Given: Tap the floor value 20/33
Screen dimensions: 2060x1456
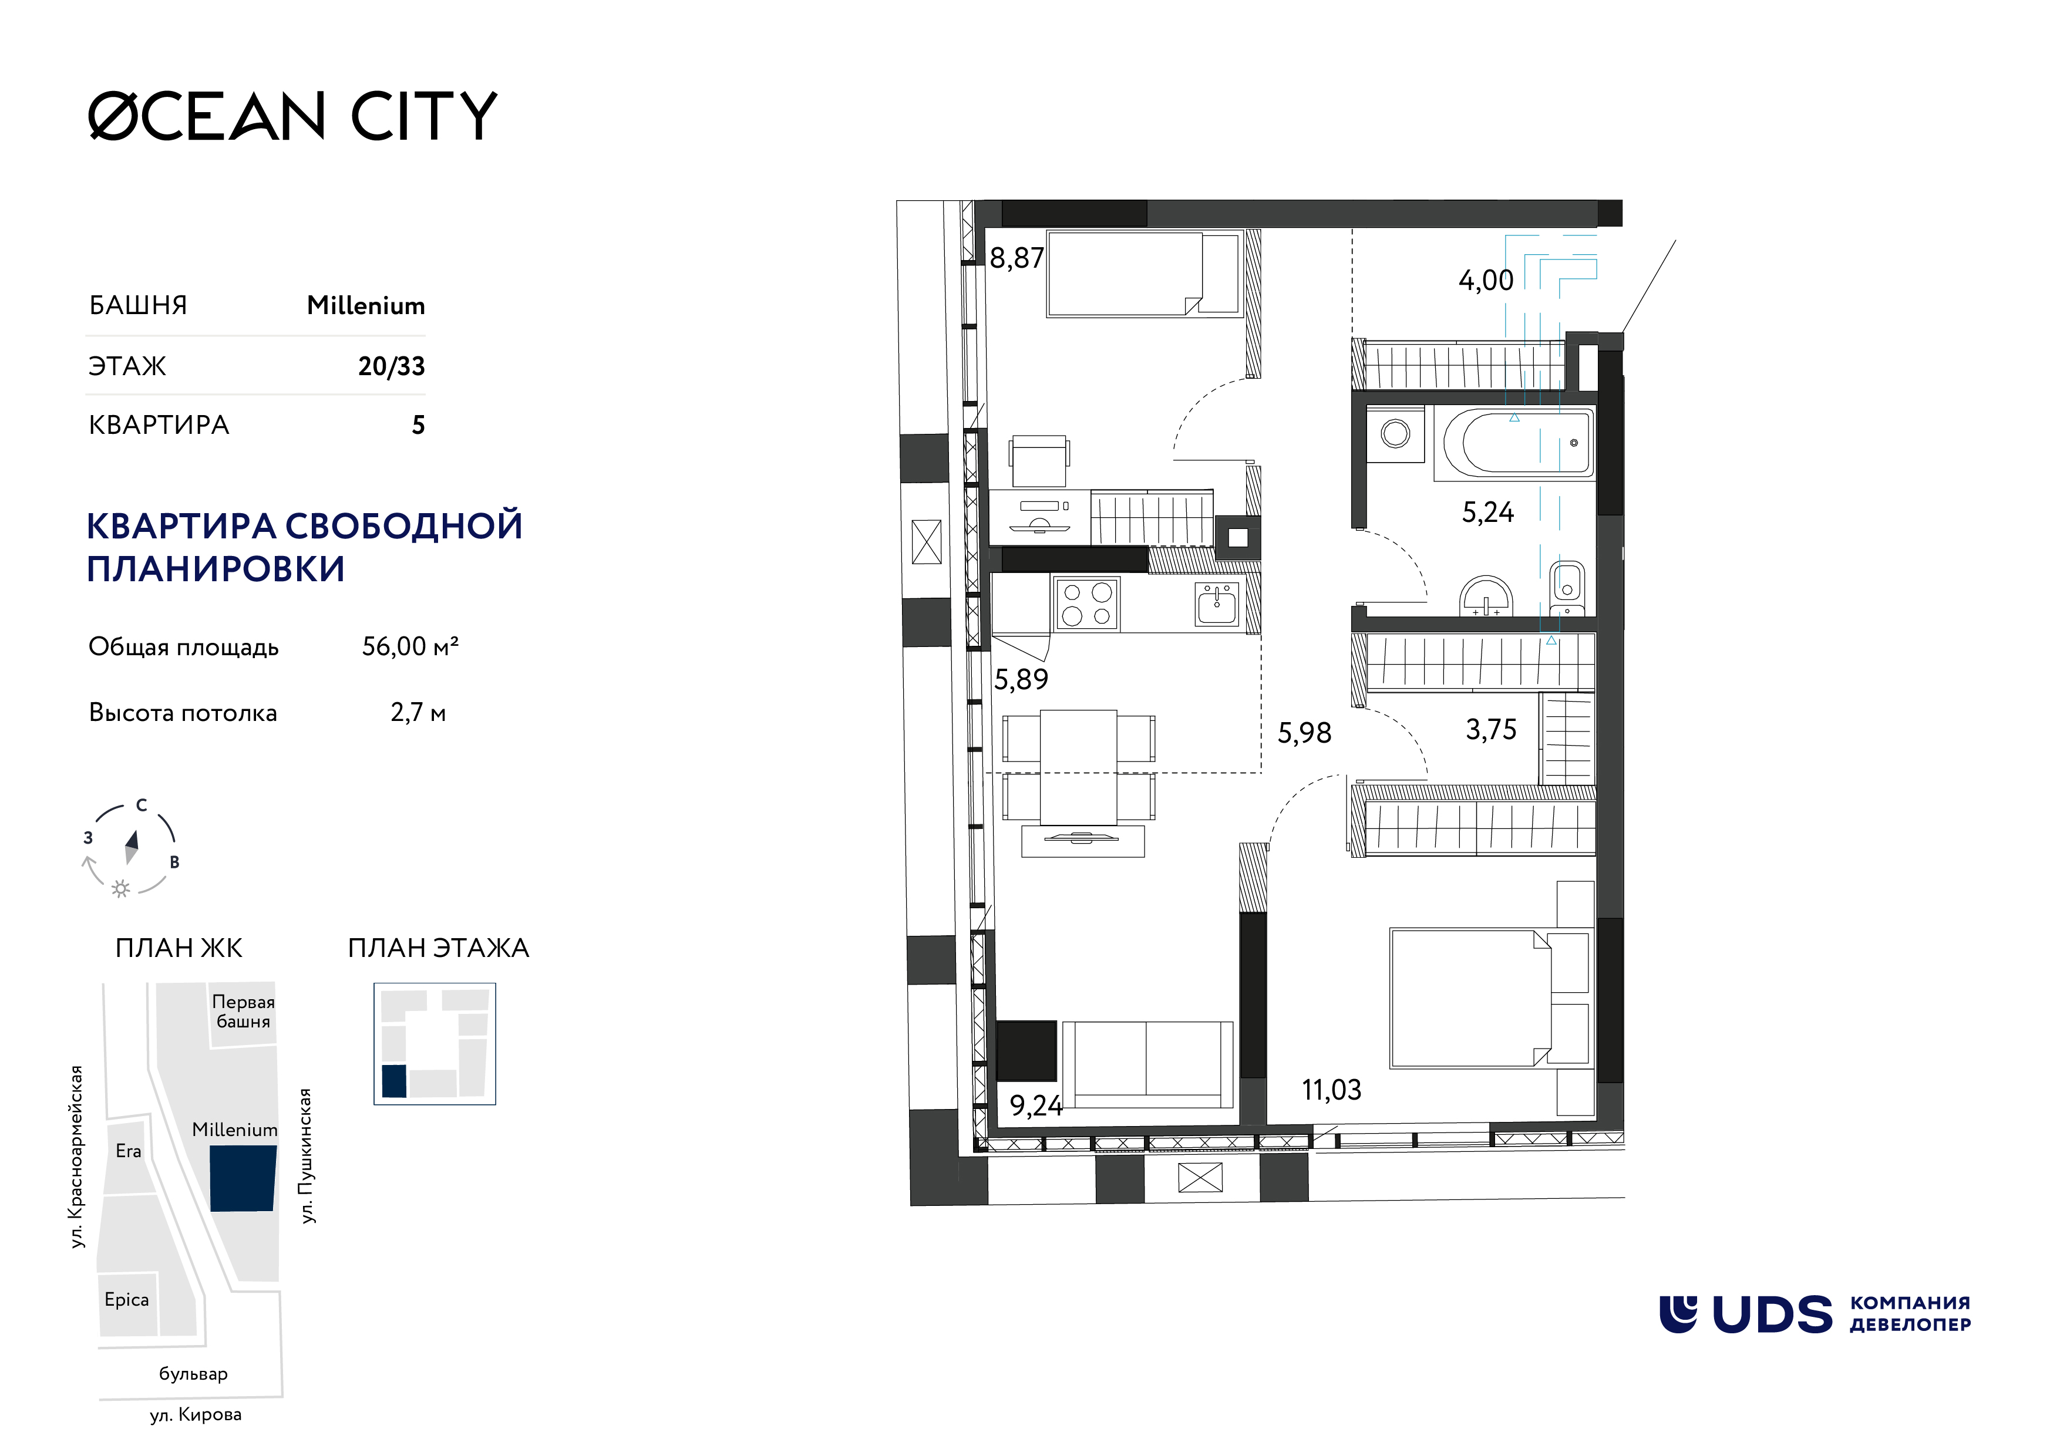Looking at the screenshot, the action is coord(391,366).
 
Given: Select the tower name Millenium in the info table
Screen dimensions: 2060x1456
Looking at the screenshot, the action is coord(365,306).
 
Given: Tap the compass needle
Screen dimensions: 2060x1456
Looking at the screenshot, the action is coord(132,847).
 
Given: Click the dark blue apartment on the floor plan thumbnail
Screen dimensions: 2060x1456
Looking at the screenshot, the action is coord(394,1082).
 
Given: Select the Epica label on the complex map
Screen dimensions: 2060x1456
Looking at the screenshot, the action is coord(126,1300).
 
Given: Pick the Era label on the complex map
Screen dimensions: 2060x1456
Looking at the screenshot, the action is coord(128,1151).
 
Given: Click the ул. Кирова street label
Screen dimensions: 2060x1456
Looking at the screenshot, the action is coord(196,1415).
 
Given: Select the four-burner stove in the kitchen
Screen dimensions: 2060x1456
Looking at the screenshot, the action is coord(1086,604).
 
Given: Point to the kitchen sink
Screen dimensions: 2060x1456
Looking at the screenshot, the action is coord(1217,604).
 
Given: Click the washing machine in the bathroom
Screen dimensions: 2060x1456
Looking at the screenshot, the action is coord(1395,435).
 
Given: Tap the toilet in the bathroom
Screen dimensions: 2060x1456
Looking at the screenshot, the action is coord(1567,588).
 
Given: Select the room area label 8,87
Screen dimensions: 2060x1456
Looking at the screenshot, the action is coord(1016,258).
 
